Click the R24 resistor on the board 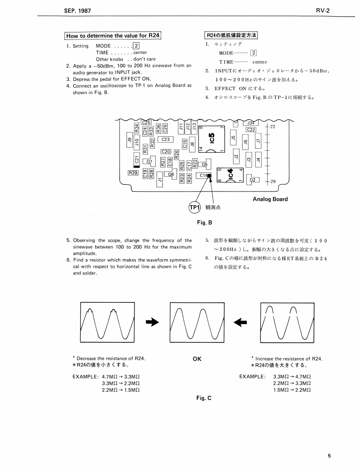pyautogui.click(x=190, y=178)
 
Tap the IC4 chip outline pyautogui.click(x=230, y=174)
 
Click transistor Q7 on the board pyautogui.click(x=149, y=161)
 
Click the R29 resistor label pyautogui.click(x=133, y=173)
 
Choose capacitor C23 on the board pyautogui.click(x=165, y=140)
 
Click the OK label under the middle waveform pyautogui.click(x=197, y=359)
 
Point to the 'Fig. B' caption pyautogui.click(x=204, y=223)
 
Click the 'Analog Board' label pyautogui.click(x=270, y=199)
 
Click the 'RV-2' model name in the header pyautogui.click(x=322, y=10)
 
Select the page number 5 pyautogui.click(x=329, y=456)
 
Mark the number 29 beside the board pyautogui.click(x=273, y=181)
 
